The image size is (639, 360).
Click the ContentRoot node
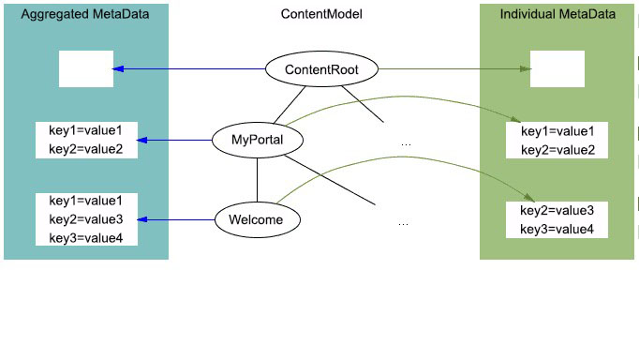(x=321, y=69)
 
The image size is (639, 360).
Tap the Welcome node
(x=257, y=220)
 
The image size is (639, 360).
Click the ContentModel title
(x=321, y=15)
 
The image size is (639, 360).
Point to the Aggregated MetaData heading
(x=84, y=15)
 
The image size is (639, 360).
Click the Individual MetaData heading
(x=558, y=15)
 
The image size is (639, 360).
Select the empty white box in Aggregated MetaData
(x=85, y=69)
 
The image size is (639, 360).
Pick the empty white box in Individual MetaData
(x=557, y=69)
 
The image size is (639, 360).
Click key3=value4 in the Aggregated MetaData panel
(x=85, y=237)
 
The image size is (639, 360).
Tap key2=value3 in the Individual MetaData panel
(x=557, y=211)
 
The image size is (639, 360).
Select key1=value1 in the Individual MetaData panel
(x=557, y=132)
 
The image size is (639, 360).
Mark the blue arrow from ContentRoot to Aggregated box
(x=187, y=68)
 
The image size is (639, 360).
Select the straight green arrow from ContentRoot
(x=450, y=68)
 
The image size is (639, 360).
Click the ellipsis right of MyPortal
(x=406, y=144)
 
